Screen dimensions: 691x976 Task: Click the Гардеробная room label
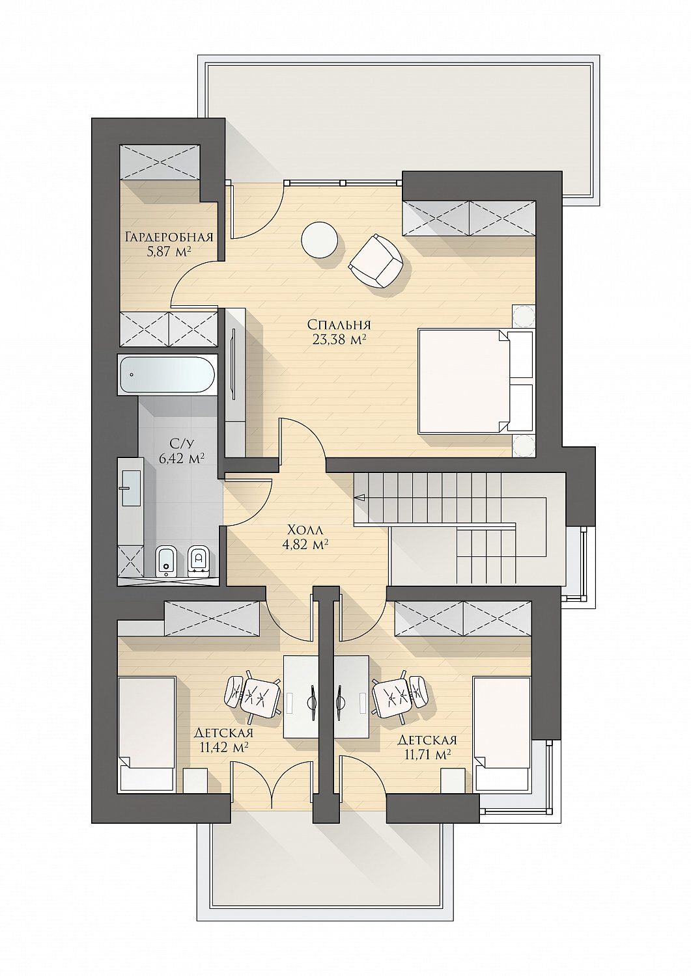[x=169, y=237]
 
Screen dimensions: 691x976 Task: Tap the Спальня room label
[x=339, y=325]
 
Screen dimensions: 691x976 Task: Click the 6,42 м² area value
[x=182, y=458]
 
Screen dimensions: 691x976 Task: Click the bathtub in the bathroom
[x=167, y=375]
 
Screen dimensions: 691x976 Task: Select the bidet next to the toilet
[x=166, y=562]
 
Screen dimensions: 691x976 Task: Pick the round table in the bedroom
[x=319, y=239]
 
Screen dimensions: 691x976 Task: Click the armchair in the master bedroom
[x=376, y=260]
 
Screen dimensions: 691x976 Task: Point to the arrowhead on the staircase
[x=360, y=497]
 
